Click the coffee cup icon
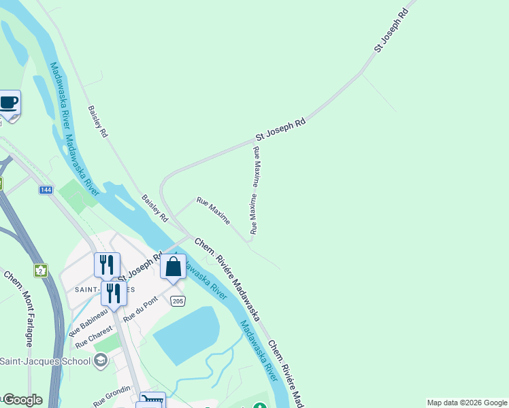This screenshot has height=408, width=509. [x=9, y=103]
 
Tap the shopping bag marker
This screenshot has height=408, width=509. [x=173, y=266]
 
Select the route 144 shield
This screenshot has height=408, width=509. [x=46, y=190]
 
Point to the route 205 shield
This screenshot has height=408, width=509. [x=178, y=301]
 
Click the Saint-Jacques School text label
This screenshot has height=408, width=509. [x=45, y=360]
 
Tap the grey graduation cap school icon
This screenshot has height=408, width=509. [x=101, y=360]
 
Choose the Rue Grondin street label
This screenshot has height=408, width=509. [x=111, y=396]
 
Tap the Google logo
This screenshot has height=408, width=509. [x=22, y=400]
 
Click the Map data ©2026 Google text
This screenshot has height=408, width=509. [x=467, y=403]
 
